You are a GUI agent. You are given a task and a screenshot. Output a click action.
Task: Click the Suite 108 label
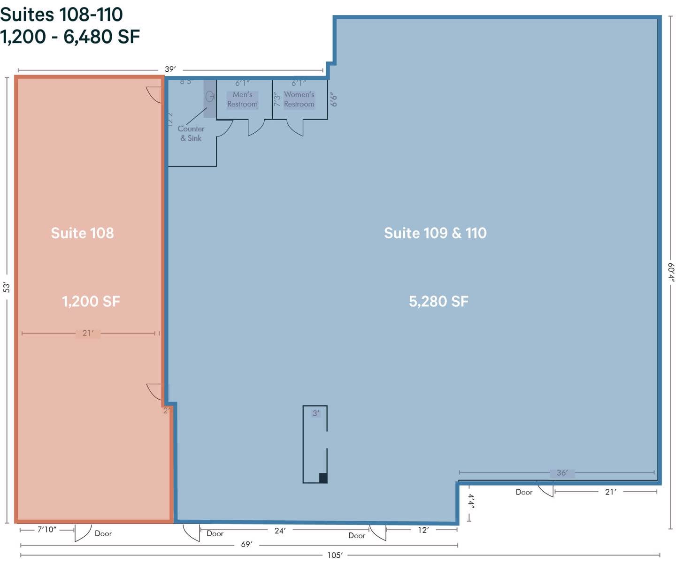[x=82, y=233]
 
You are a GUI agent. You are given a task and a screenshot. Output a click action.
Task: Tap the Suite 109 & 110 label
[x=435, y=233]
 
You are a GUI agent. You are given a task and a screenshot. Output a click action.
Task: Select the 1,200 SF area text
[x=91, y=301]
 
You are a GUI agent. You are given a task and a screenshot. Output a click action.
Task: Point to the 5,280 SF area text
[x=438, y=301]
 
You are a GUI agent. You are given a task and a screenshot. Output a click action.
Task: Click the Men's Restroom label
[x=242, y=99]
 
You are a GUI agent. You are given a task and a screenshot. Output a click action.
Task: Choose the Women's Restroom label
[x=299, y=99]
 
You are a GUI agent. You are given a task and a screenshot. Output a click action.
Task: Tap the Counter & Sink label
[x=191, y=133]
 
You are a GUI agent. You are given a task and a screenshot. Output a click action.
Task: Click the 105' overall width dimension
[x=335, y=555]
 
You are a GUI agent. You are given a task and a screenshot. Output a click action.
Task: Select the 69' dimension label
[x=246, y=545]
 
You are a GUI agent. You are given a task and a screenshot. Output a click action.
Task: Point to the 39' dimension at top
[x=170, y=69]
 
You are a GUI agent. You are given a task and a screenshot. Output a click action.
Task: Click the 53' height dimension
[x=7, y=287]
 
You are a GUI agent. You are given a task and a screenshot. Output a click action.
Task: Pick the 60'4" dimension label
[x=671, y=272]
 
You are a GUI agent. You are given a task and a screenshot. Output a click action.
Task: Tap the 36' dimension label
[x=562, y=473]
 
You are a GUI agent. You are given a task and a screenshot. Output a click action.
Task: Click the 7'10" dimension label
[x=47, y=530]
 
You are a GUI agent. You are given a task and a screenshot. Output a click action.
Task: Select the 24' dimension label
[x=280, y=531]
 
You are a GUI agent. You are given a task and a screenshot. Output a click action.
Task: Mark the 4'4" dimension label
[x=471, y=501]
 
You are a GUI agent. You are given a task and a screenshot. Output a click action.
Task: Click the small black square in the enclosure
[x=323, y=478]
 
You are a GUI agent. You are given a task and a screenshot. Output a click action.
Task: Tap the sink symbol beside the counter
[x=209, y=96]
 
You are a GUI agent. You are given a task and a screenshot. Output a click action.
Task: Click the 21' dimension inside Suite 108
[x=88, y=333]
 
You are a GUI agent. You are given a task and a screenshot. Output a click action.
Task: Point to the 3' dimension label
[x=316, y=413]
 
